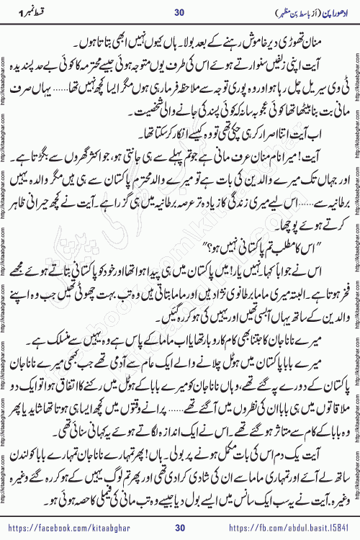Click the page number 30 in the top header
(179, 14)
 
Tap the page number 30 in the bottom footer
(179, 526)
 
